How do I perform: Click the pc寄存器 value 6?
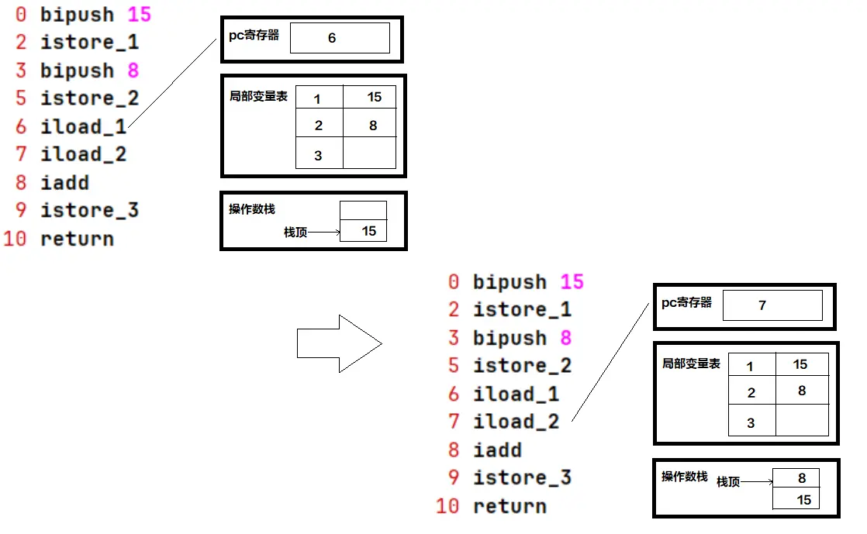coord(332,38)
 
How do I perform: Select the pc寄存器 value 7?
coord(762,305)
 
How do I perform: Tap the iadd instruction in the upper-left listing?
coord(64,183)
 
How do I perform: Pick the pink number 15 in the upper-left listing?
coord(139,15)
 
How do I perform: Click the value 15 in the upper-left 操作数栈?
coord(369,231)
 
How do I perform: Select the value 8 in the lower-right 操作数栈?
coord(802,479)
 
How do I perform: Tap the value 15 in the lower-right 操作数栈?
coord(803,500)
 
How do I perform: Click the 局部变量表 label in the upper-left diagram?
coord(258,96)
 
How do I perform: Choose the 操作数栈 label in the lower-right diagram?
coord(684,477)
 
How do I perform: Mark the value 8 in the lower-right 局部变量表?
coord(802,391)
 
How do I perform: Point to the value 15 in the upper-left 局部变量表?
coord(375,97)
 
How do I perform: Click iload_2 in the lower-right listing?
coord(516,422)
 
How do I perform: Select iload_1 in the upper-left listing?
coord(83,126)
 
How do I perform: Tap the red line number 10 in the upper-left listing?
coord(15,239)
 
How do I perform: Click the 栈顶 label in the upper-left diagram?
coord(295,232)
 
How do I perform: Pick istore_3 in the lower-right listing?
coord(522,478)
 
